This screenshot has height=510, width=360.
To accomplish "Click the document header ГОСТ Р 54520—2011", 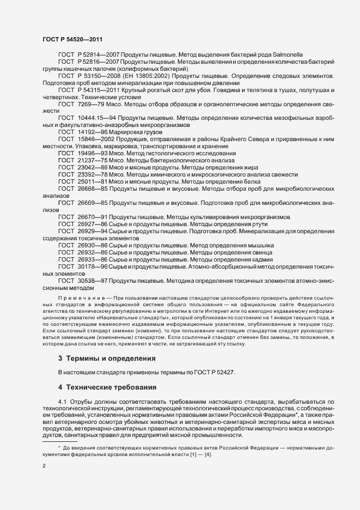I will tap(72, 40).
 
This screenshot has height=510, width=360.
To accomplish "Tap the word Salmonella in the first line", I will tap(288, 55).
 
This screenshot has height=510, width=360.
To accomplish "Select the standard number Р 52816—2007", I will tap(96, 63).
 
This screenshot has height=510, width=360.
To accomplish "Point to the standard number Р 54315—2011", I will tap(96, 90).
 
